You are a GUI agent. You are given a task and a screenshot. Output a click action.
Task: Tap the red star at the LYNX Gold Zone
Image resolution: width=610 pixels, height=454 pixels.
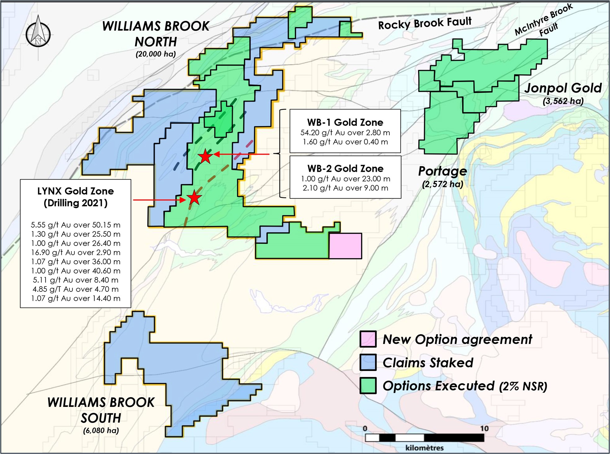(x=194, y=198)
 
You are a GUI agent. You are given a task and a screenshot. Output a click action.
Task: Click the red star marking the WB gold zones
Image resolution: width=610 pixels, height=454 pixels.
(x=205, y=156)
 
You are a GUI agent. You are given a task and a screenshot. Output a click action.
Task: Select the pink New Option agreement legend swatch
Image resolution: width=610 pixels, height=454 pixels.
(x=368, y=339)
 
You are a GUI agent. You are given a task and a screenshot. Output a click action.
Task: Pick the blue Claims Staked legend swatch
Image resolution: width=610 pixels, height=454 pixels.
(x=368, y=362)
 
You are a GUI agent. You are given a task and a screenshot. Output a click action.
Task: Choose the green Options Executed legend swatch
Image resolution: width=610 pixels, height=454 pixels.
(x=368, y=385)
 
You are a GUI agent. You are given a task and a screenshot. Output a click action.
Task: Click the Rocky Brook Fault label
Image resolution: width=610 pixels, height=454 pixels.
(x=424, y=23)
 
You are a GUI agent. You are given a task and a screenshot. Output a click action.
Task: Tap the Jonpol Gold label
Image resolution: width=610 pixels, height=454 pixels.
(x=563, y=88)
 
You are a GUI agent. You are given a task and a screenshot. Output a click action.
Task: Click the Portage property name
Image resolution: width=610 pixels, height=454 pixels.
(x=442, y=171)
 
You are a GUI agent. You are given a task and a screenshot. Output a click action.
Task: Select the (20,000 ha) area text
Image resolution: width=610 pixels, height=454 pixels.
(x=156, y=54)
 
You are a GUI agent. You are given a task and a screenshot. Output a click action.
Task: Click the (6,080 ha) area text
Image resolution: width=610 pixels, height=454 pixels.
(x=101, y=430)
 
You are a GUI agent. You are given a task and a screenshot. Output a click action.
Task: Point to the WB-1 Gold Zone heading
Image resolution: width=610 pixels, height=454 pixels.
(x=345, y=122)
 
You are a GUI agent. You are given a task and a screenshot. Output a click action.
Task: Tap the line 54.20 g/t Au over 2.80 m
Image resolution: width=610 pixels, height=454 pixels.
(x=345, y=133)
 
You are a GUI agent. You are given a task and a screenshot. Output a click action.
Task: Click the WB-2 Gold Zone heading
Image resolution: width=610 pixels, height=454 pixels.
(x=345, y=168)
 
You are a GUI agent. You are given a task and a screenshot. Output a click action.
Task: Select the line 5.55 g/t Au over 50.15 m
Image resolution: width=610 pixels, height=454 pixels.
(x=75, y=225)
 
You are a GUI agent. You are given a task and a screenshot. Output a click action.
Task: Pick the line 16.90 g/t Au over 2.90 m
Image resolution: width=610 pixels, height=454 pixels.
(x=75, y=252)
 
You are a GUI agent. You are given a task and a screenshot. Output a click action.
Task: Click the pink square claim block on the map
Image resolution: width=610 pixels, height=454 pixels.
(x=345, y=246)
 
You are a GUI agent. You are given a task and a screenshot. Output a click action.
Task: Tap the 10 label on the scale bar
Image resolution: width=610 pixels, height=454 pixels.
(x=484, y=429)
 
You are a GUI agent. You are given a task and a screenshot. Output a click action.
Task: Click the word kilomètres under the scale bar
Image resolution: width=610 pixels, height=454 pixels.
(x=424, y=448)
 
